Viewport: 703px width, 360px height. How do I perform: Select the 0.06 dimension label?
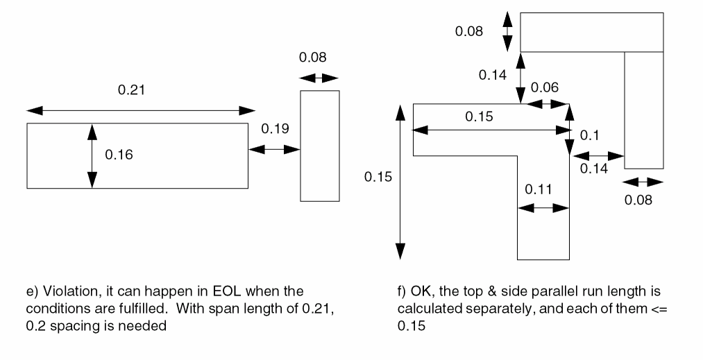(x=544, y=87)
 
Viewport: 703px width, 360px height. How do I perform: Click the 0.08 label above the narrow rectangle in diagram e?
(x=312, y=58)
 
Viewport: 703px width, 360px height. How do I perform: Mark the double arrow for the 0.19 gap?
(x=273, y=149)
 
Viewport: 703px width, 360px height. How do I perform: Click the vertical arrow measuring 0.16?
(x=92, y=155)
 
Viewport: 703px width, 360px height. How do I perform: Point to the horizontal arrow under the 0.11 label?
(x=542, y=207)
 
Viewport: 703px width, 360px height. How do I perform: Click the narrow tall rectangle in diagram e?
(x=320, y=146)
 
